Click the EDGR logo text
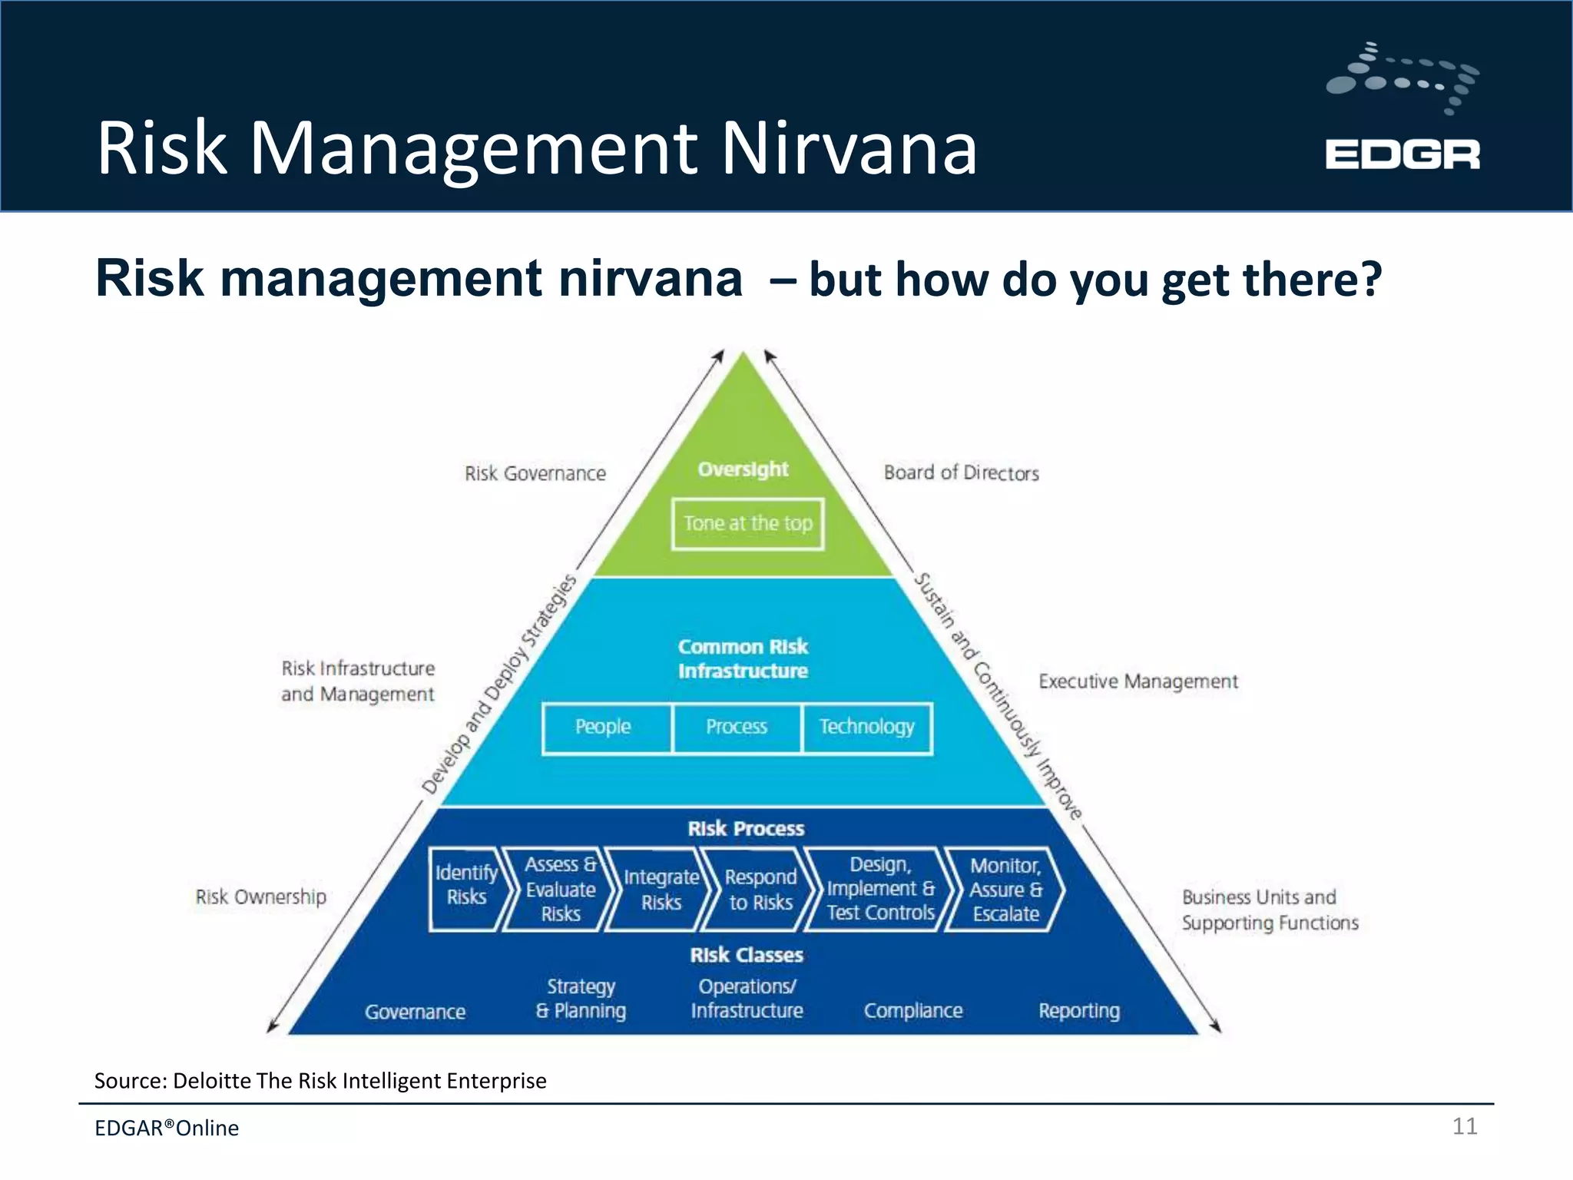pyautogui.click(x=1402, y=154)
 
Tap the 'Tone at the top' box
pyautogui.click(x=747, y=524)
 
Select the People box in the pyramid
pyautogui.click(x=604, y=727)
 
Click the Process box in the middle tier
pyautogui.click(x=737, y=727)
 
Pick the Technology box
pyautogui.click(x=866, y=727)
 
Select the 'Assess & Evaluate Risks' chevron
pyautogui.click(x=560, y=890)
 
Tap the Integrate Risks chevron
pyautogui.click(x=661, y=890)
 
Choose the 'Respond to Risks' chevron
pyautogui.click(x=760, y=890)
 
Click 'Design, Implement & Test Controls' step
pyautogui.click(x=880, y=890)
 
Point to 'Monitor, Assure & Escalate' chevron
pyautogui.click(x=1005, y=890)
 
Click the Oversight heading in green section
pyautogui.click(x=743, y=469)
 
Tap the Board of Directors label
pyautogui.click(x=961, y=473)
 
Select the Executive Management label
pyautogui.click(x=1138, y=682)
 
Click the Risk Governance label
pyautogui.click(x=535, y=474)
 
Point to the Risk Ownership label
pyautogui.click(x=261, y=897)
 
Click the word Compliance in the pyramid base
pyautogui.click(x=912, y=1011)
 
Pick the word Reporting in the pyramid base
pyautogui.click(x=1078, y=1011)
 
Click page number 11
pyautogui.click(x=1464, y=1126)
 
